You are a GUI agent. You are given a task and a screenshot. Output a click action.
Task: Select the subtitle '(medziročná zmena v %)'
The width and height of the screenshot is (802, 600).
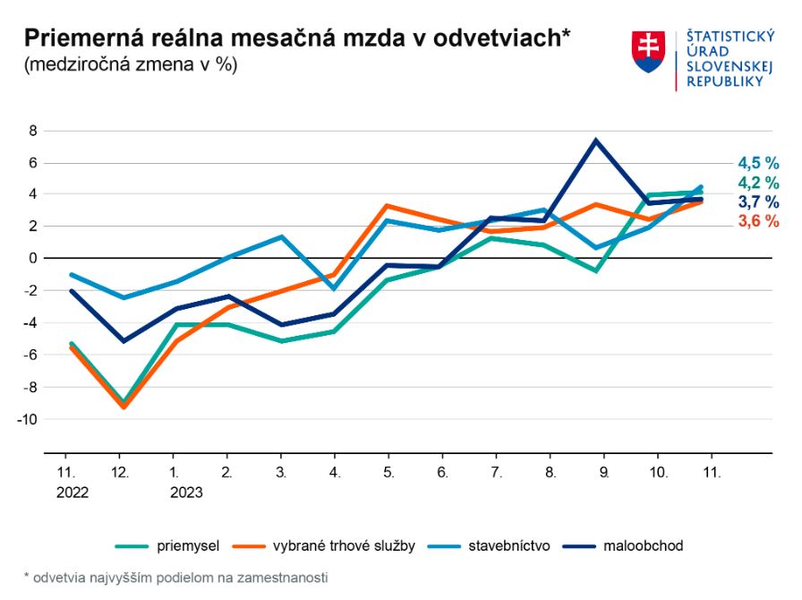(130, 64)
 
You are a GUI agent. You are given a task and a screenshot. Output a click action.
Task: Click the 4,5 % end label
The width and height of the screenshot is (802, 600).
(758, 163)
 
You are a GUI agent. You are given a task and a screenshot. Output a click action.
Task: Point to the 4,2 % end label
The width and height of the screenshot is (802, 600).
(758, 183)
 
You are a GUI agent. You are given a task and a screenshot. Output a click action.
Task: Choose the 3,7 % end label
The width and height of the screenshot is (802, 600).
(758, 201)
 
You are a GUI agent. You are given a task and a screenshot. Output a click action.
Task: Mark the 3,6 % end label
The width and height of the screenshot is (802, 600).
(758, 221)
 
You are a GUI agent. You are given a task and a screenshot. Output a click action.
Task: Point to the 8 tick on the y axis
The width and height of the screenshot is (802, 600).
(33, 131)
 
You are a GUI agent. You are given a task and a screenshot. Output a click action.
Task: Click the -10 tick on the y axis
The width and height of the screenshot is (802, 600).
(29, 419)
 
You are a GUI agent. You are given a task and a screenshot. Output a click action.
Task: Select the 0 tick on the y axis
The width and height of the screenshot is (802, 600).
(33, 259)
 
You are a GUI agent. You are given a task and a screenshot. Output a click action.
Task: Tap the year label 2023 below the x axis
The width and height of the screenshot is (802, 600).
(184, 492)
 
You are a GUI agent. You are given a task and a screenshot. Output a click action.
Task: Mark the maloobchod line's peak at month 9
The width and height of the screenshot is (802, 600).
(595, 141)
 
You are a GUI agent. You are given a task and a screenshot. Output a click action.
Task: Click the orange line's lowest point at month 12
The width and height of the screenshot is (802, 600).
(123, 407)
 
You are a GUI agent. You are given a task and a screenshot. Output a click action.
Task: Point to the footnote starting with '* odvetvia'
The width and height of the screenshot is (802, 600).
(175, 578)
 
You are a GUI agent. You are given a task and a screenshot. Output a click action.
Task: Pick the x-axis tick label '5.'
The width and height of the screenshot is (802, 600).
(388, 471)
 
